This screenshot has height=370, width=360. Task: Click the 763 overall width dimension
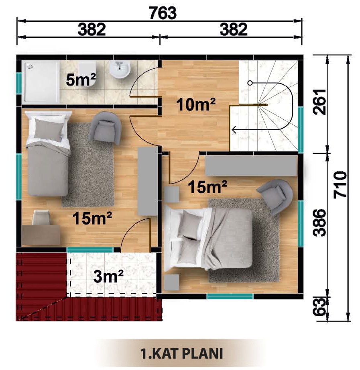[x=163, y=13]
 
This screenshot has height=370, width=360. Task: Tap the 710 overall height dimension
[x=340, y=184]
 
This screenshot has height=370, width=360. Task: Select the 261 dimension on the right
[x=319, y=102]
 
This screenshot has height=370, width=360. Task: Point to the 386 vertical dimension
[x=319, y=223]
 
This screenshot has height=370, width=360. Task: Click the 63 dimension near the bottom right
[x=319, y=307]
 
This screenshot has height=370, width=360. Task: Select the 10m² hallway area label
[x=196, y=104]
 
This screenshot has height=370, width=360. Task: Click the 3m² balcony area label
[x=108, y=276]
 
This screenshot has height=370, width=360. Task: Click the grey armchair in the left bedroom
[x=105, y=128]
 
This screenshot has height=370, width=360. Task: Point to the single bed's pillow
[x=49, y=130]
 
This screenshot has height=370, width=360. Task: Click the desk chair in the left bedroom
[x=41, y=218]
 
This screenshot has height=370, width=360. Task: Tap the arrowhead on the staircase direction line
[x=234, y=129]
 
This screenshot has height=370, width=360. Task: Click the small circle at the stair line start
[x=250, y=83]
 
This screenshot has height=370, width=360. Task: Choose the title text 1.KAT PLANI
[x=181, y=354]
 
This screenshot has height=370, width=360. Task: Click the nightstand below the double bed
[x=171, y=282]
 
